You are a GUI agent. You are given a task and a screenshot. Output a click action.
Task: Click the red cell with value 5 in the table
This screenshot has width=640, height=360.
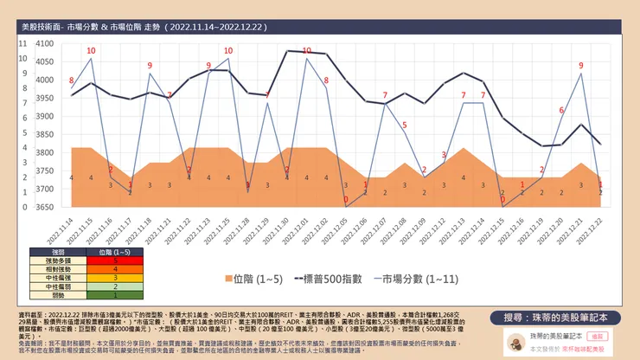point(115,259)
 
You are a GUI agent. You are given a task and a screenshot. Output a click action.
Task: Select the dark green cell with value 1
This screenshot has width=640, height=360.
point(115,295)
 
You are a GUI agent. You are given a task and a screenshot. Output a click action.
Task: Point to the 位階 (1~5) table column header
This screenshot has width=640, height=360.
point(115,250)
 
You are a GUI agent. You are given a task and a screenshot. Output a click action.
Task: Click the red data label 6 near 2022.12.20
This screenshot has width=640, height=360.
point(561,111)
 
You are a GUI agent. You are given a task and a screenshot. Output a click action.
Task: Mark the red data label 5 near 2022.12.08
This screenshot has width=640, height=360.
point(404,127)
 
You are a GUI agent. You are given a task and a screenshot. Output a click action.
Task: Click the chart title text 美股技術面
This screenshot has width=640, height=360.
point(42,28)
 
